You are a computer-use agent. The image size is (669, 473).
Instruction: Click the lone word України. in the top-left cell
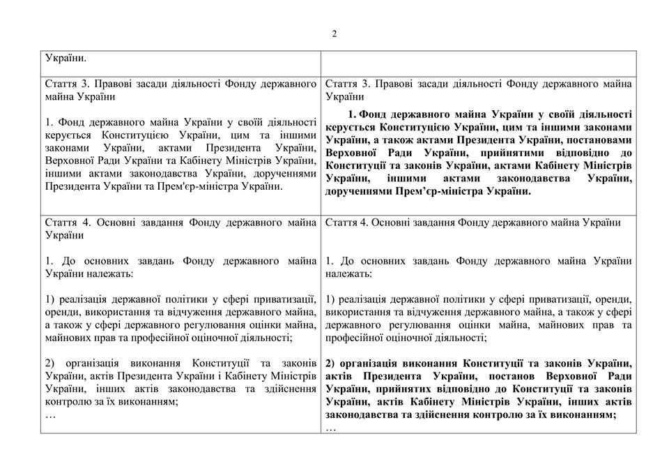pos(67,59)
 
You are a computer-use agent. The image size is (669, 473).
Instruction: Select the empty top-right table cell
pos(477,60)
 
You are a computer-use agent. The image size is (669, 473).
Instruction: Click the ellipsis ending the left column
pos(50,415)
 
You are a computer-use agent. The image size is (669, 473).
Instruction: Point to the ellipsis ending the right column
pos(331,428)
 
